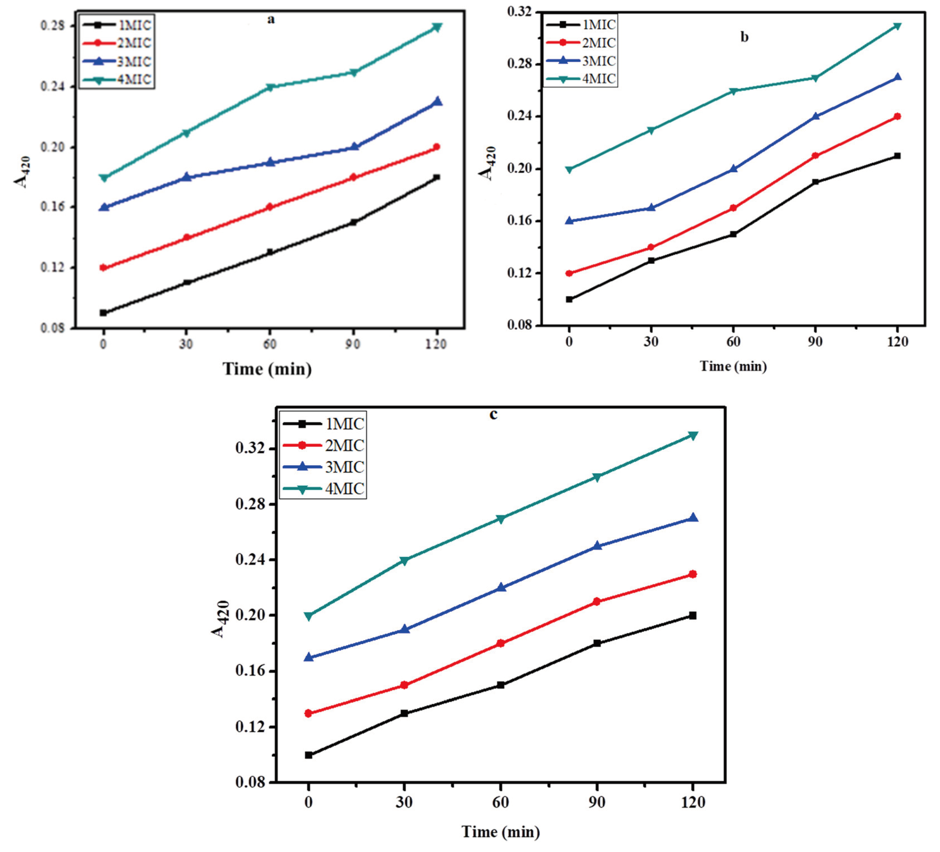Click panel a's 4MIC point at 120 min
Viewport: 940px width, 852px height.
pos(437,27)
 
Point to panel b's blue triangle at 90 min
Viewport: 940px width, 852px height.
pos(815,116)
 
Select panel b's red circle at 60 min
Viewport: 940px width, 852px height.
pos(733,208)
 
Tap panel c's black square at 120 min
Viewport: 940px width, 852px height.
pos(693,616)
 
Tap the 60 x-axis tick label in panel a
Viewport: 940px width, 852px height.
pos(269,344)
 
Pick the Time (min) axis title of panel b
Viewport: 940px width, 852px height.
pos(733,366)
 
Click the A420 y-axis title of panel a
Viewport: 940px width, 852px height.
pos(22,172)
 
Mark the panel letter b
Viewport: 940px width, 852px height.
pos(744,37)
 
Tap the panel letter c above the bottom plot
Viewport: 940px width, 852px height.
pos(493,414)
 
